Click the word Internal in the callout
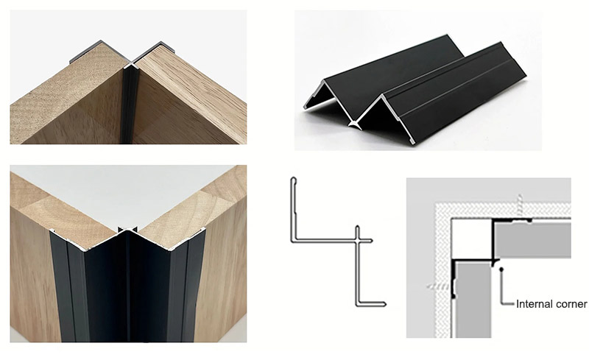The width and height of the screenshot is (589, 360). (533, 304)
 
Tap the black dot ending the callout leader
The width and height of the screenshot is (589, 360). (501, 269)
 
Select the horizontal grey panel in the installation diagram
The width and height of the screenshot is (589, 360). (532, 240)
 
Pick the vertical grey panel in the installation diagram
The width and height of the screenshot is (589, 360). (473, 299)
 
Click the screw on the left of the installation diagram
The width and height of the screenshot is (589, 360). (439, 286)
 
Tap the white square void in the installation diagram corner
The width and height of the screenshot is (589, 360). (471, 239)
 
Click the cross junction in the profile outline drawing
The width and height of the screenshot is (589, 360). (357, 241)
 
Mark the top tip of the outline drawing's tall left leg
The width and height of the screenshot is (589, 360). (293, 178)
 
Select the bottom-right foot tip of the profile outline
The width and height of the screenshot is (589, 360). (384, 304)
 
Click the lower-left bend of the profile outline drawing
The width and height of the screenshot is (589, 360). (292, 241)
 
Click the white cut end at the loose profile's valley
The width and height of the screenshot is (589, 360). (354, 124)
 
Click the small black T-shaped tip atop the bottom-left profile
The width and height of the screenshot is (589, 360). (127, 229)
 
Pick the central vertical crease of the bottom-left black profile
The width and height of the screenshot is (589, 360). (129, 286)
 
